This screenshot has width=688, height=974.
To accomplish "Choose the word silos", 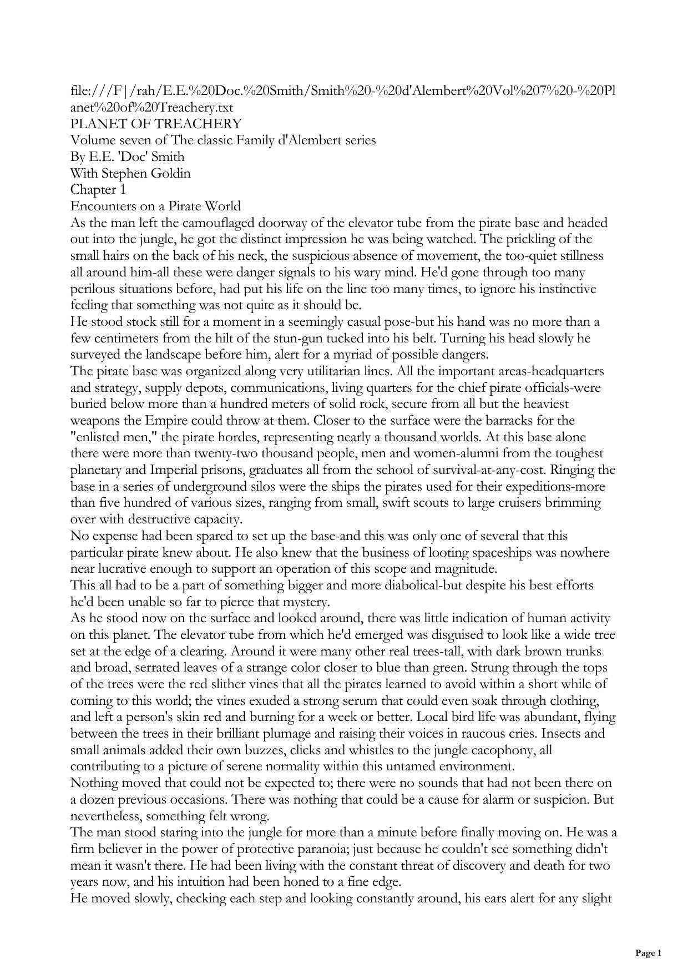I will pos(251,487).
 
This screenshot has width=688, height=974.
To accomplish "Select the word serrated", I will pos(132,668).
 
